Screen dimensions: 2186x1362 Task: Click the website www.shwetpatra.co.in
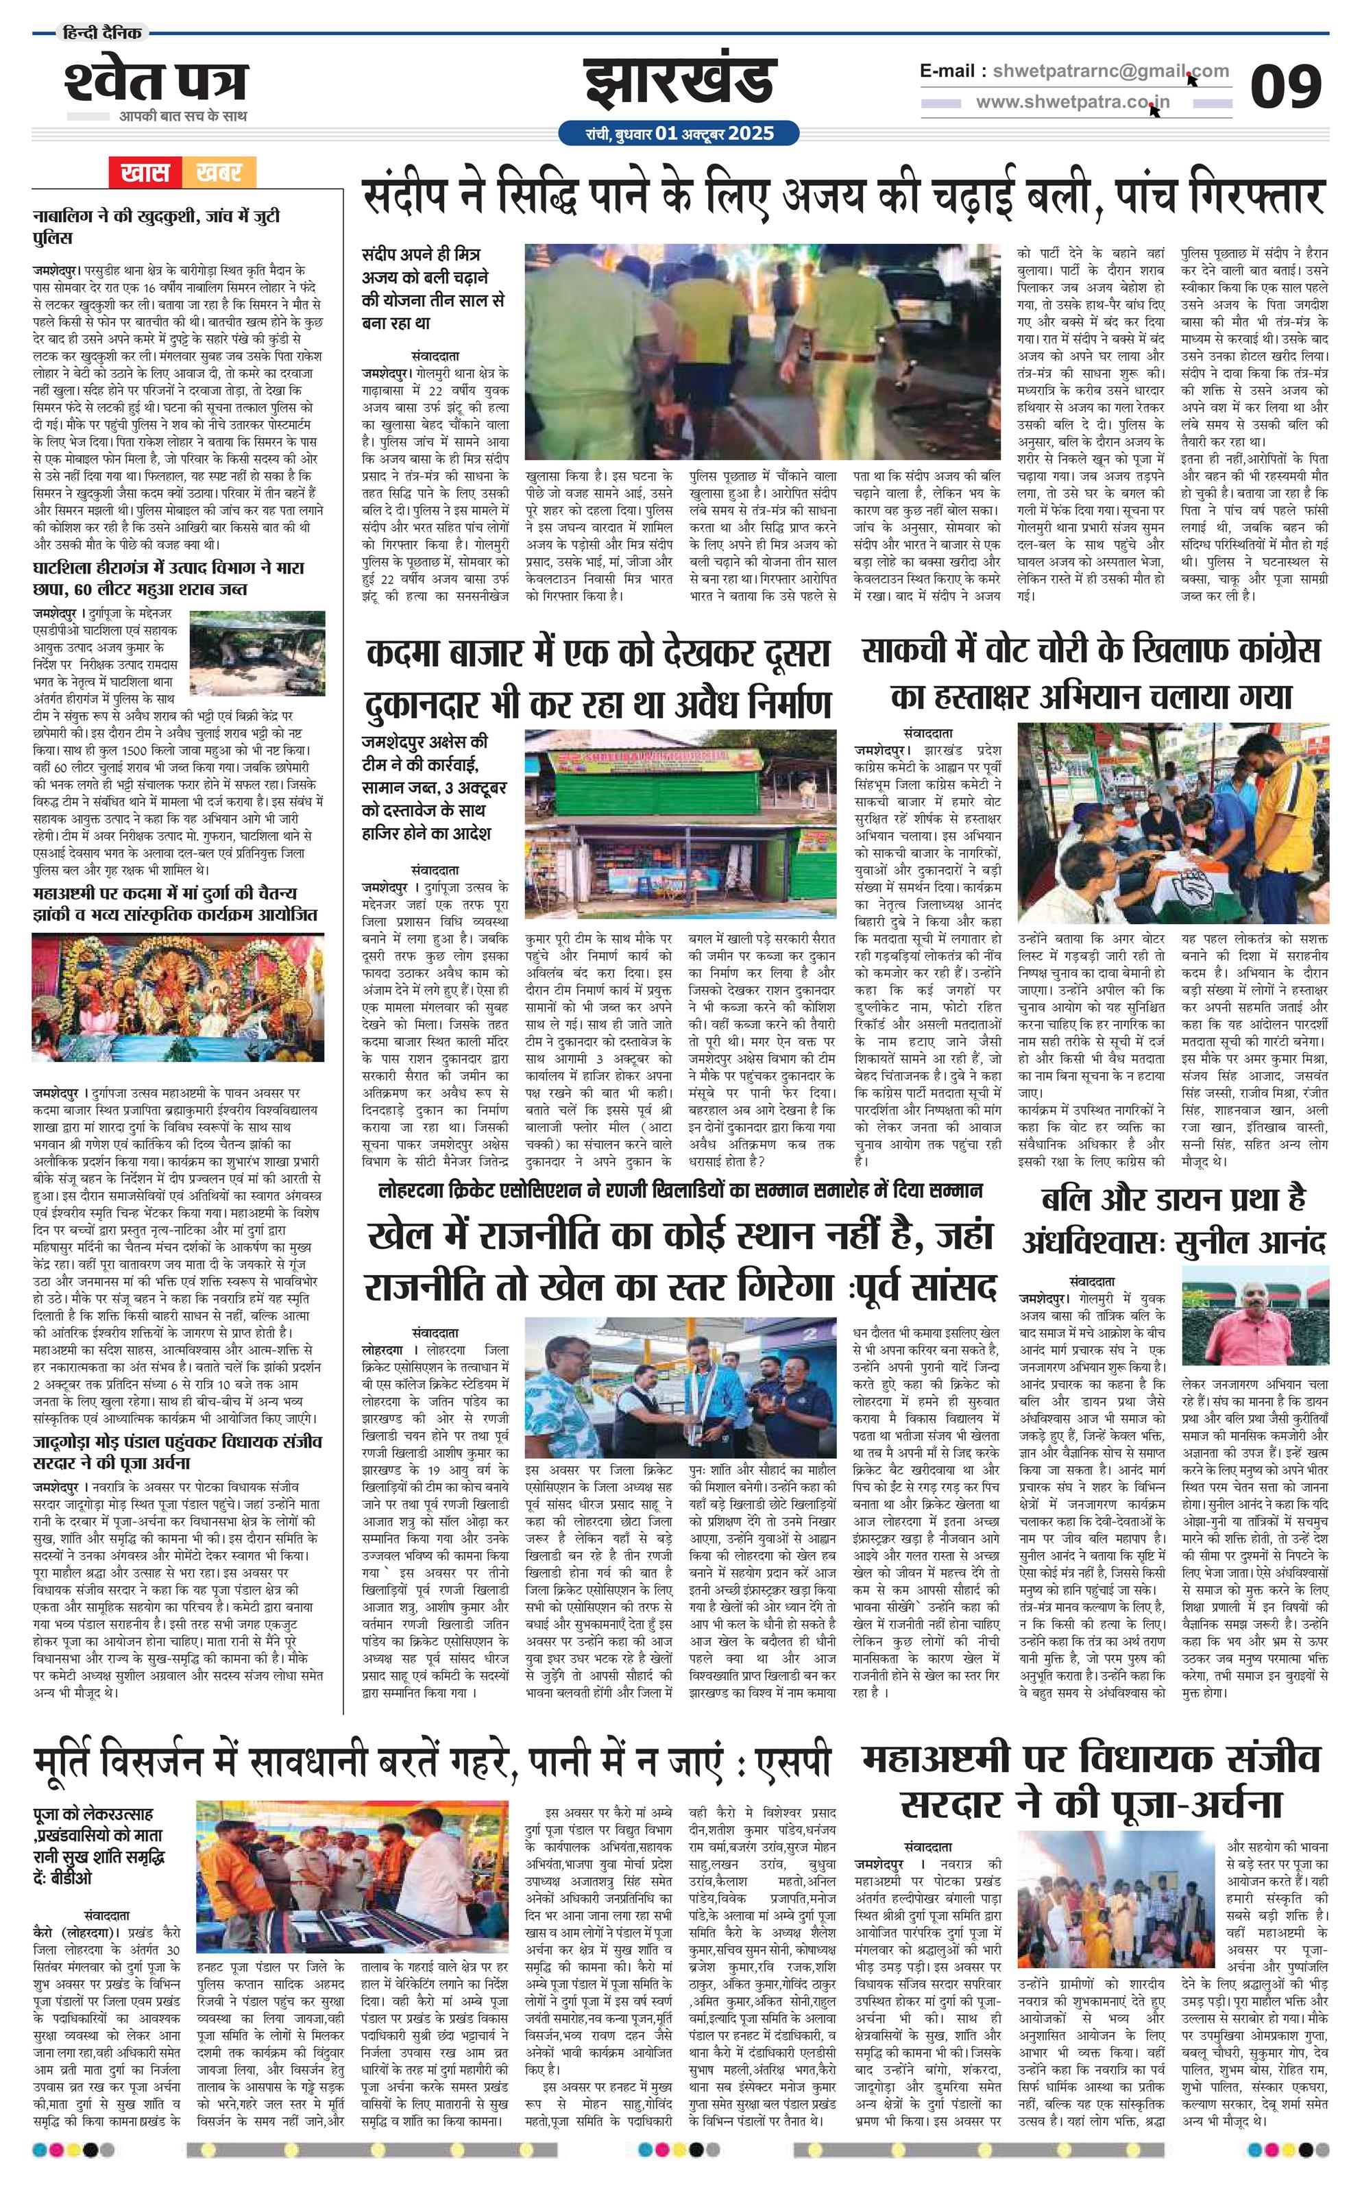(x=1072, y=101)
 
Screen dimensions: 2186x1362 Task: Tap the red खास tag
(x=145, y=171)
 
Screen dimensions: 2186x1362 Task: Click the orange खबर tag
(x=218, y=171)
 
